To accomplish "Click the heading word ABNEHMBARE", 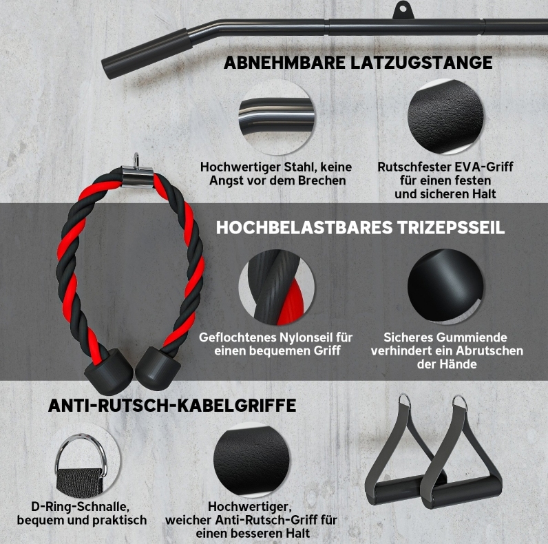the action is pos(284,63).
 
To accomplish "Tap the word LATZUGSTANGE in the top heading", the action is pos(421,63).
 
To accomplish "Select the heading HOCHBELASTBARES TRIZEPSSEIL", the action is pos(360,227).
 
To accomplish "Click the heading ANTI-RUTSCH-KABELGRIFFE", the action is pos(172,406).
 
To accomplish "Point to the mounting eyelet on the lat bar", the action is pos(403,10).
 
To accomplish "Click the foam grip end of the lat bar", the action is pos(147,54).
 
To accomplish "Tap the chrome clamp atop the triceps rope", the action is pos(138,171).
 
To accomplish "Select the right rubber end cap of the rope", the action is pos(158,368).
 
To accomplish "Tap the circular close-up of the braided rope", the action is pos(277,287).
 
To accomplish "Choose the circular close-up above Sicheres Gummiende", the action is pos(446,287).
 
